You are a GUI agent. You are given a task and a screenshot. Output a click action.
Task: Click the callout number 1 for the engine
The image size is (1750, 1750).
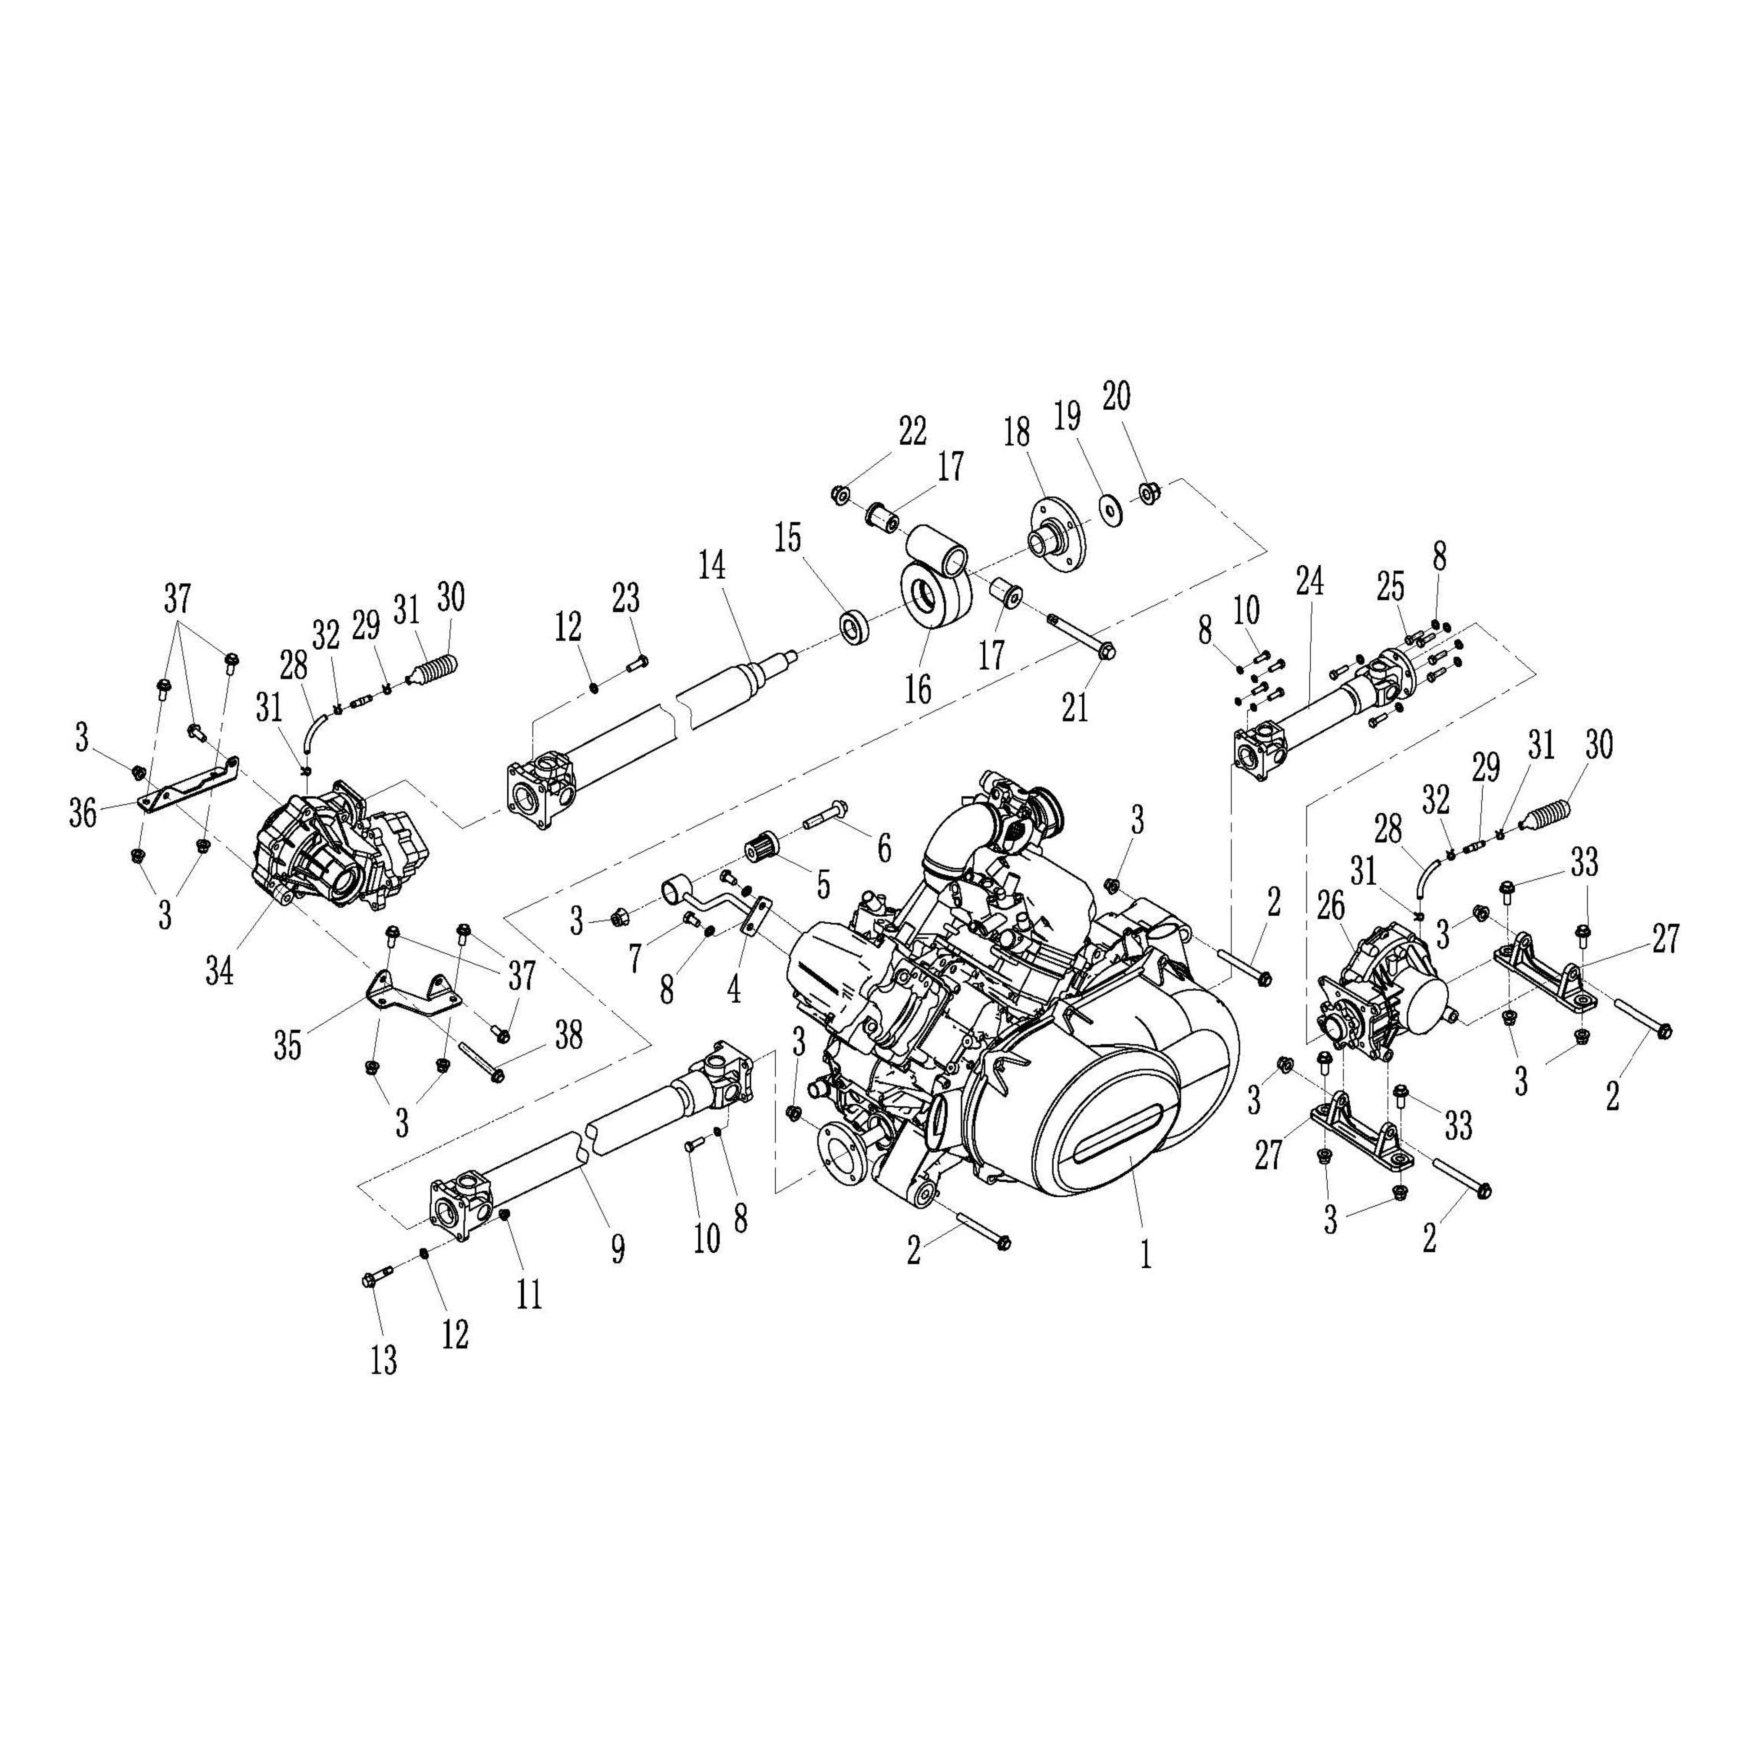pos(1146,1254)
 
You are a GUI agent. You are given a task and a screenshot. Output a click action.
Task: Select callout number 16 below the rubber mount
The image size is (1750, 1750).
pos(918,689)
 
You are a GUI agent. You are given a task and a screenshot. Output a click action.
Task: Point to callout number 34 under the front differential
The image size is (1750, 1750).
pos(220,972)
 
